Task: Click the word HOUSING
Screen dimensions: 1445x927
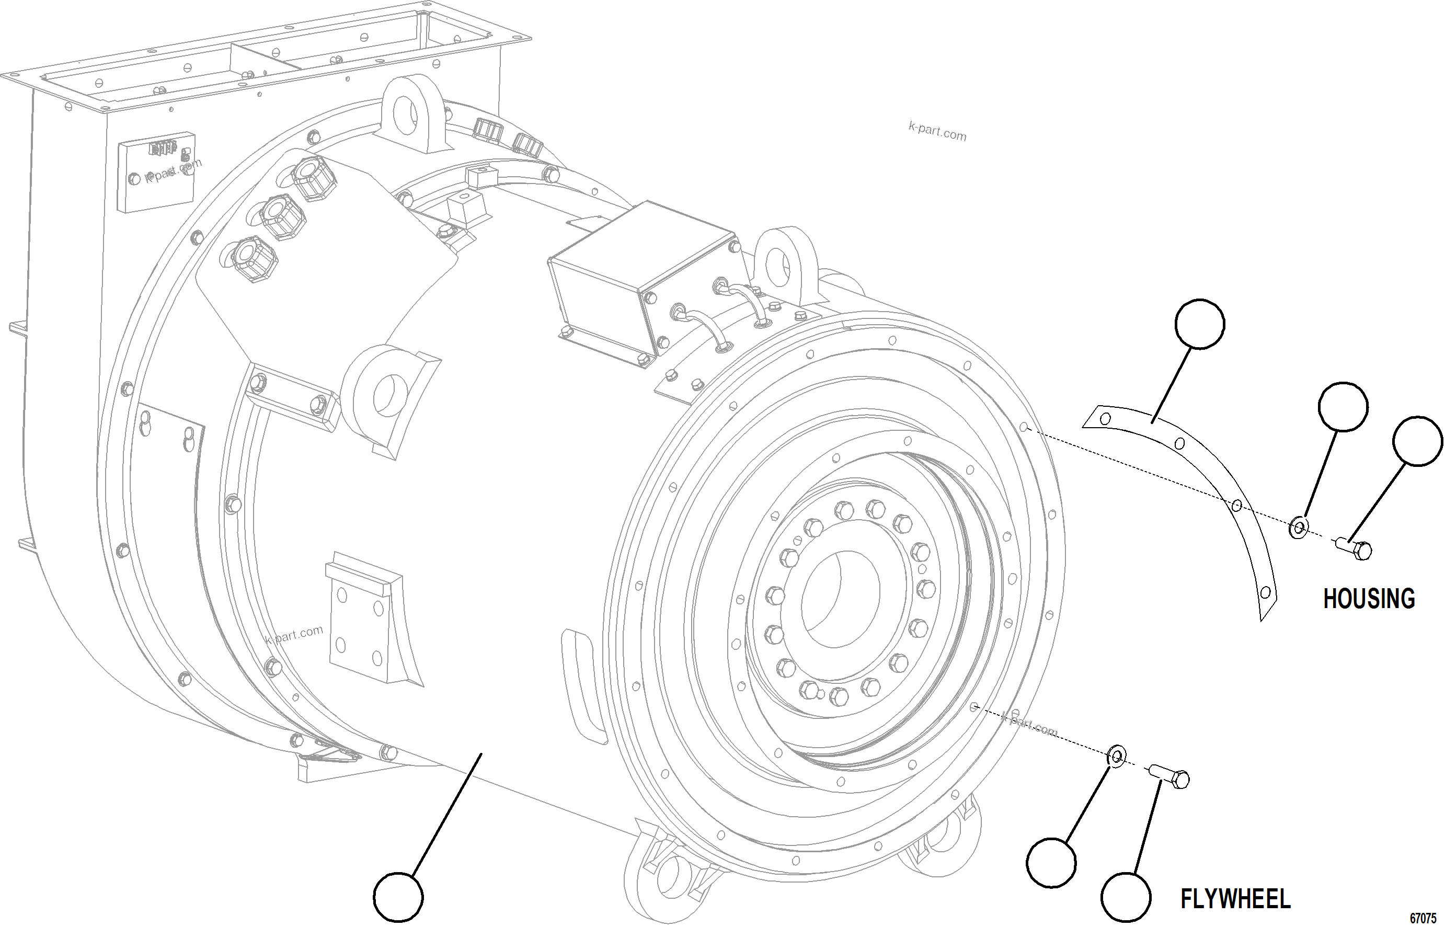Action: click(x=1369, y=599)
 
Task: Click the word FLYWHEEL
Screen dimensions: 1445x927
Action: click(x=1235, y=899)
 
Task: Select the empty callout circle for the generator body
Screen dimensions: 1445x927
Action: click(x=398, y=897)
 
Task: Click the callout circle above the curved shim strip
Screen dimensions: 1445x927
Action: click(x=1199, y=324)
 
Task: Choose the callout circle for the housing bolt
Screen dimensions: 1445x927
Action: click(x=1417, y=441)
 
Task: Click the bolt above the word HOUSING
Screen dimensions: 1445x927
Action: click(x=1354, y=548)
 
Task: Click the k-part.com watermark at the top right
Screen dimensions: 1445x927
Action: click(x=936, y=132)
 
